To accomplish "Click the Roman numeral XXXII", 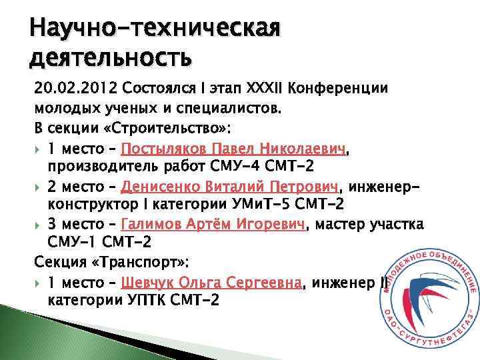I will [269, 89].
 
